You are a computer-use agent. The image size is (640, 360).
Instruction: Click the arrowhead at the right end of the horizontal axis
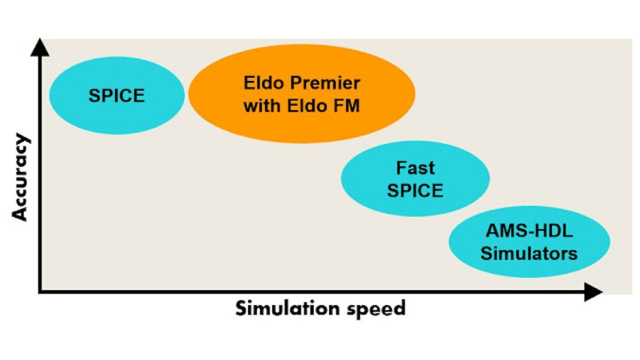click(592, 291)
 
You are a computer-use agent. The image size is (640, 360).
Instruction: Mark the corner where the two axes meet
click(41, 291)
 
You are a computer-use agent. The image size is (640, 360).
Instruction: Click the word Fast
click(415, 169)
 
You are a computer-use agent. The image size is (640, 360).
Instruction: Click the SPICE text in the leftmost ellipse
click(117, 95)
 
